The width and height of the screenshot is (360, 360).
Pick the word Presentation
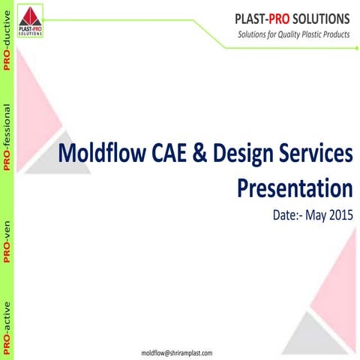pyautogui.click(x=295, y=187)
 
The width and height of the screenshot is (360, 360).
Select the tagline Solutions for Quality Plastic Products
pyautogui.click(x=294, y=34)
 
